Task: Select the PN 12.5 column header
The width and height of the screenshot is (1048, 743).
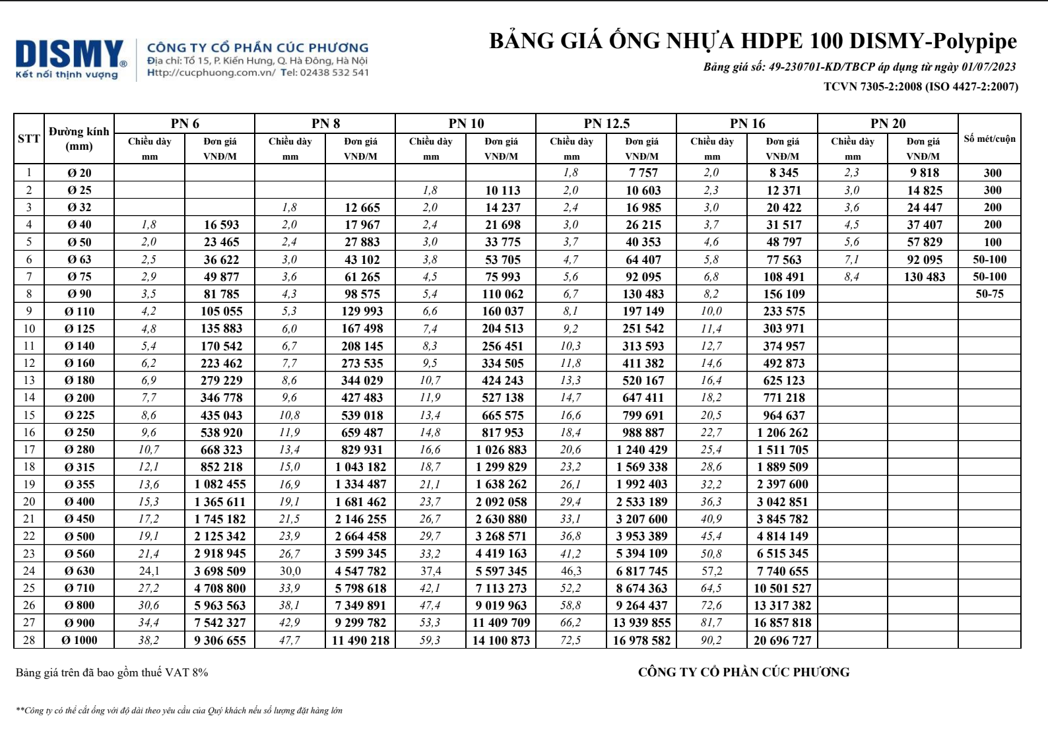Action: point(606,123)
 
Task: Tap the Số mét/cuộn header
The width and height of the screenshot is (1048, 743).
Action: point(989,139)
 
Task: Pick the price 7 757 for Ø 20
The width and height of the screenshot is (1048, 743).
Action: point(643,173)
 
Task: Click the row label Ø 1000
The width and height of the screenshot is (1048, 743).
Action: point(79,640)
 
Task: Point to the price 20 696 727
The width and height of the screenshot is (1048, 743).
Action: point(783,640)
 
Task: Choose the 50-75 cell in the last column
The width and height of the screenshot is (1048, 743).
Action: point(989,294)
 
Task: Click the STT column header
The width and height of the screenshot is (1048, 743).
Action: point(29,139)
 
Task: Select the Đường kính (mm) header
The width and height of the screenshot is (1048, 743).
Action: point(79,139)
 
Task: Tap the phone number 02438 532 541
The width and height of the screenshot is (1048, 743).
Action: point(334,73)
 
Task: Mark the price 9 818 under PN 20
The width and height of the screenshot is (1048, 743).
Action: point(924,173)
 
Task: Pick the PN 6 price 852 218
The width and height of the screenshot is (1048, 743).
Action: point(221,467)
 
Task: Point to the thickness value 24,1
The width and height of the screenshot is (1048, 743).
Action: point(149,571)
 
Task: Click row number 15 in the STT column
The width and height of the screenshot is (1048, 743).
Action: point(29,415)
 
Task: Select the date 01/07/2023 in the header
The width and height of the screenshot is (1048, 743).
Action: point(989,67)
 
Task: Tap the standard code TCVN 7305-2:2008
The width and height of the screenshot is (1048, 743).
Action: point(872,86)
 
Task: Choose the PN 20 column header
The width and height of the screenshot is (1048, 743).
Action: point(888,123)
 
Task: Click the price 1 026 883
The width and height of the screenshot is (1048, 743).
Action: point(502,449)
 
